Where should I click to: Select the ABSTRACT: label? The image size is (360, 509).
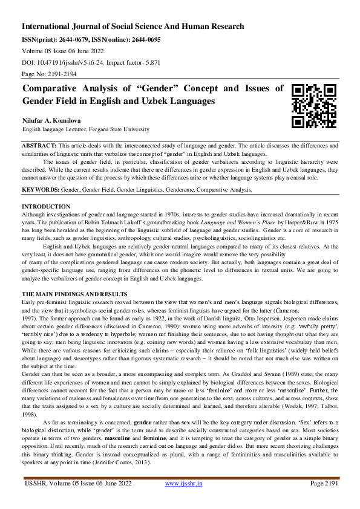point(39,147)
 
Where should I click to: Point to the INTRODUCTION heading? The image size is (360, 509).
point(46,207)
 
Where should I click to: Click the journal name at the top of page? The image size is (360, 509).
point(133,27)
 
